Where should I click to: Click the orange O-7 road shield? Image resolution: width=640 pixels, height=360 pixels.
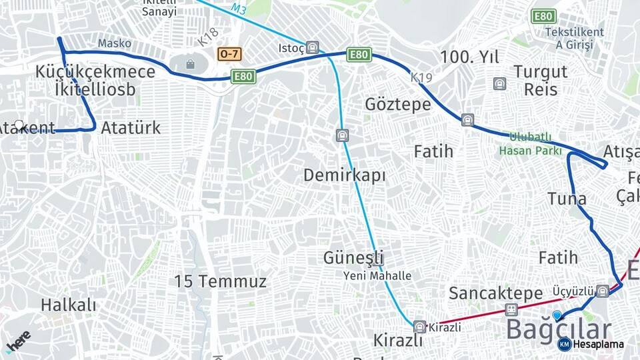click(229, 53)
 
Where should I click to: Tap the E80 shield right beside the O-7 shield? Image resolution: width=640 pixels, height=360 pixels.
click(243, 77)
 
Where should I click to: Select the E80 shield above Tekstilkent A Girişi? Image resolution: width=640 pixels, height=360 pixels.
click(543, 16)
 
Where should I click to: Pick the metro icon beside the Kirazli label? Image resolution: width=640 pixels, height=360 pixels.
click(419, 327)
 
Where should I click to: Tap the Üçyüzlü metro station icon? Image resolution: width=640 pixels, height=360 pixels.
click(603, 291)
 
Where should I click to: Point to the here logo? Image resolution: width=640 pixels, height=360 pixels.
click(18, 341)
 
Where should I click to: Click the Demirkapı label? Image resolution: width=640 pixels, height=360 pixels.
click(345, 175)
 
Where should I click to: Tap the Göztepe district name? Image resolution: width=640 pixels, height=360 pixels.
click(398, 104)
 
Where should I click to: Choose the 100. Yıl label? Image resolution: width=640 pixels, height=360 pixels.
click(470, 57)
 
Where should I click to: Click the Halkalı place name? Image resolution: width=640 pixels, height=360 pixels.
click(69, 305)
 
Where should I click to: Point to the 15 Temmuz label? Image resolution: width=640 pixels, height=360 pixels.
click(221, 281)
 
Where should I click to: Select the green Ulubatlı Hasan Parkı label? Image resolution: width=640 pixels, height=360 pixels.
click(525, 143)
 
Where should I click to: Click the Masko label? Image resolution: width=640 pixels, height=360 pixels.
click(114, 43)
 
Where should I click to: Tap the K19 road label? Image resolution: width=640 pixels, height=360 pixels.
click(421, 78)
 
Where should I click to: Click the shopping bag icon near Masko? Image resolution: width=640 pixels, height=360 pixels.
click(191, 65)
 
